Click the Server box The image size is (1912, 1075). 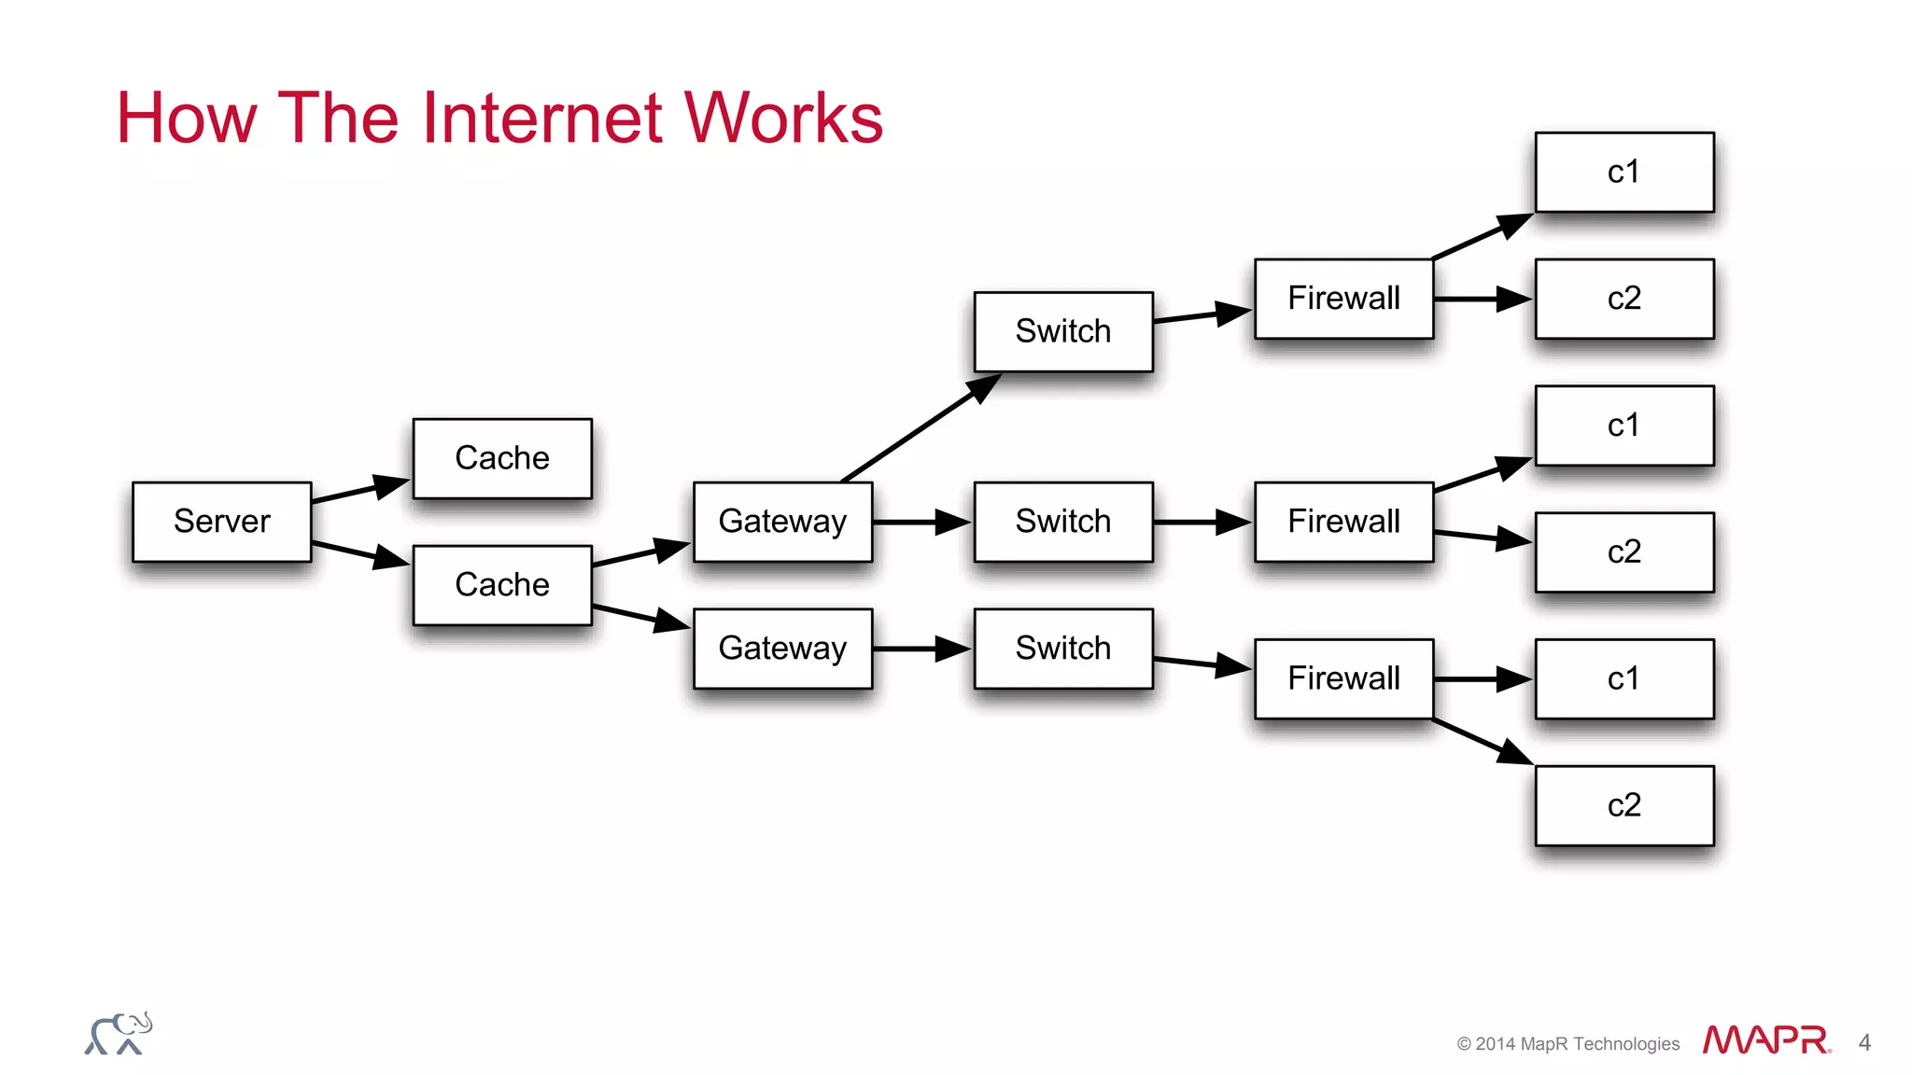(221, 522)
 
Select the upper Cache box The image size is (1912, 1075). (502, 458)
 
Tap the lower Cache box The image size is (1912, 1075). (502, 585)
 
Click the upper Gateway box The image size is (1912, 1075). (782, 522)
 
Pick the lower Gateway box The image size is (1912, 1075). (782, 649)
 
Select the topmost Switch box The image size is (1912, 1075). (1063, 331)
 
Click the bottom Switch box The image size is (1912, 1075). (1063, 649)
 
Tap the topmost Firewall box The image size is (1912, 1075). (1343, 299)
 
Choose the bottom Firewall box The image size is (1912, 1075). (1343, 678)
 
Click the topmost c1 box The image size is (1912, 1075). (1624, 172)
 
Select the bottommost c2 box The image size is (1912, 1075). (1624, 805)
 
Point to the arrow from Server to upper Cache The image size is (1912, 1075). (359, 491)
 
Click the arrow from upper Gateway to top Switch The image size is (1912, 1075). (920, 428)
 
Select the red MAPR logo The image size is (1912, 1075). (1764, 1040)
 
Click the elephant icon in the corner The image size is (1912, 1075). (119, 1034)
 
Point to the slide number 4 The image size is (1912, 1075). (1864, 1042)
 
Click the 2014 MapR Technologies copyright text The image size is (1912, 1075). (1568, 1044)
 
